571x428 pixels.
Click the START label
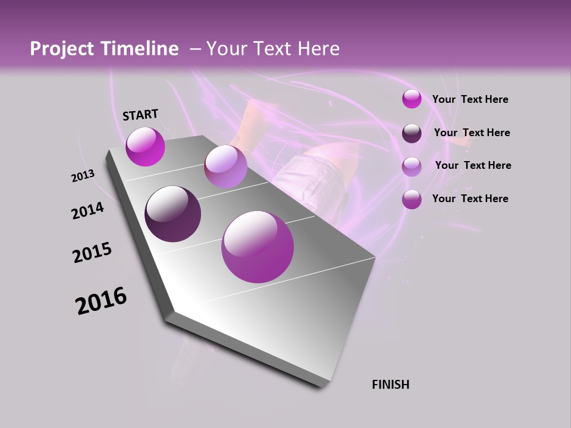[x=140, y=115]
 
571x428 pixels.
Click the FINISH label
[x=390, y=385]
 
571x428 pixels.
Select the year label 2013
[x=83, y=176]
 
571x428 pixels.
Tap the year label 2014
[x=87, y=210]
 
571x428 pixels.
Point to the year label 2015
[x=92, y=253]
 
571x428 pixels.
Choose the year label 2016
[x=101, y=300]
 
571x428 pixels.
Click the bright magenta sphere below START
[x=145, y=146]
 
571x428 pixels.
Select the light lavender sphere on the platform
[x=225, y=166]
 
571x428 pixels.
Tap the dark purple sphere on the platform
[x=172, y=214]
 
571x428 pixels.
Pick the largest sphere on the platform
[x=258, y=247]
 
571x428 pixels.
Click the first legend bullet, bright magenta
[x=412, y=99]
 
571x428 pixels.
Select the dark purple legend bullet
[x=412, y=133]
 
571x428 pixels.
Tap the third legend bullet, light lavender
[x=412, y=166]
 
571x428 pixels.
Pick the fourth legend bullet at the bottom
[x=412, y=199]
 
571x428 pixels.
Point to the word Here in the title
[x=318, y=49]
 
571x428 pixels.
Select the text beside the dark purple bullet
[x=472, y=133]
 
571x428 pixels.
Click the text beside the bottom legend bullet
[x=470, y=199]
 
